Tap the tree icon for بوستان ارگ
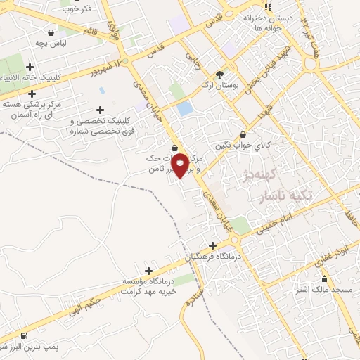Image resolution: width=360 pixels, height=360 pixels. click(x=219, y=74)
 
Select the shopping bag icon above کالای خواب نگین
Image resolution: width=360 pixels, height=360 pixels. click(x=243, y=134)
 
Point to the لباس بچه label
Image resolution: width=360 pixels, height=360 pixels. click(x=51, y=42)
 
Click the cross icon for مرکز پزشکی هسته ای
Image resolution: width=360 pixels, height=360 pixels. click(x=31, y=94)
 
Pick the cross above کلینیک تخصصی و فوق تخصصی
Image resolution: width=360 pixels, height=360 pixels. click(x=101, y=110)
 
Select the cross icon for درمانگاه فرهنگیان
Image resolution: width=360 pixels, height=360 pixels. click(x=212, y=245)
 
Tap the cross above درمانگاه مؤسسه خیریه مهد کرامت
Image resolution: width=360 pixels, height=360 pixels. click(x=148, y=271)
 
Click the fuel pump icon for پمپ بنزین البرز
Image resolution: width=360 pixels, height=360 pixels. click(x=25, y=335)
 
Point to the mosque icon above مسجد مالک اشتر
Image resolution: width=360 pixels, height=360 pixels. click(x=324, y=279)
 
